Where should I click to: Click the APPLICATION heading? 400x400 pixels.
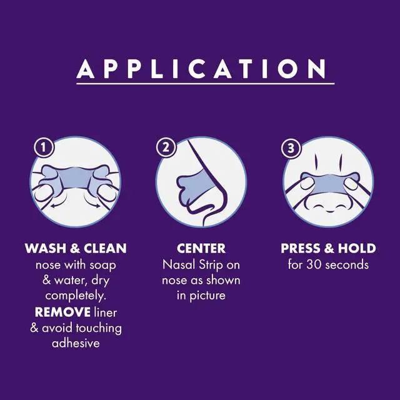pyautogui.click(x=201, y=69)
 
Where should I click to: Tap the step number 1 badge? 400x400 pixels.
pyautogui.click(x=44, y=147)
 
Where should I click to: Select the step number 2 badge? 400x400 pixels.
pyautogui.click(x=166, y=147)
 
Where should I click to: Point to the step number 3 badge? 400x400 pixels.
pyautogui.click(x=291, y=148)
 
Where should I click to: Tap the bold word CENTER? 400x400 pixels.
pyautogui.click(x=201, y=248)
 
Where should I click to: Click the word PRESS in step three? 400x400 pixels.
pyautogui.click(x=298, y=248)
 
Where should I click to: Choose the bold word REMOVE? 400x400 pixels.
pyautogui.click(x=62, y=312)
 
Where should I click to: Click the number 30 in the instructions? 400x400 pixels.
pyautogui.click(x=313, y=264)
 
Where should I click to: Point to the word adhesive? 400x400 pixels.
pyautogui.click(x=76, y=343)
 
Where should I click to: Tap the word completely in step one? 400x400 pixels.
pyautogui.click(x=76, y=296)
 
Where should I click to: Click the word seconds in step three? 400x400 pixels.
pyautogui.click(x=347, y=264)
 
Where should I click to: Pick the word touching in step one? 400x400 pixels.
pyautogui.click(x=99, y=327)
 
